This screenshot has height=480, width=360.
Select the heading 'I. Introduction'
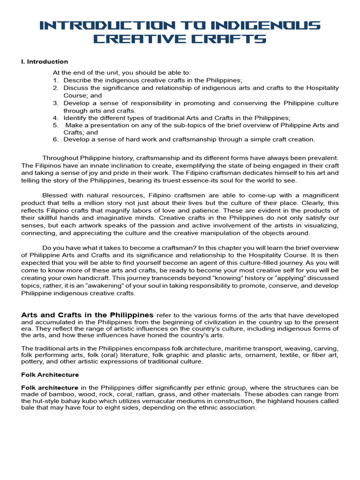click(x=45, y=61)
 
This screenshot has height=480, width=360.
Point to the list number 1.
click(x=55, y=80)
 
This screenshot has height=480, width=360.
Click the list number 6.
click(x=55, y=139)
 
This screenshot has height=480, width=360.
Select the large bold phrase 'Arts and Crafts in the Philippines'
click(x=88, y=315)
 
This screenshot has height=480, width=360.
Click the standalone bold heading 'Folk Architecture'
click(x=50, y=375)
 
